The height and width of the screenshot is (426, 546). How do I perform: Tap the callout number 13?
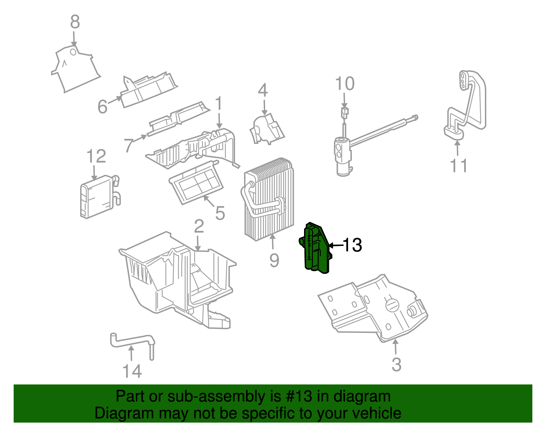352,245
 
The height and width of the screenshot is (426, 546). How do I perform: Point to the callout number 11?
458,166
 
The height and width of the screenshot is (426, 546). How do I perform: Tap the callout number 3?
397,365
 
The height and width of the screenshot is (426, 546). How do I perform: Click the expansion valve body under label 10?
343,156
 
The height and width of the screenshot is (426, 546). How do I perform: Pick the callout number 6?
102,106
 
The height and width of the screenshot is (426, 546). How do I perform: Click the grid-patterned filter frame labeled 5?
196,182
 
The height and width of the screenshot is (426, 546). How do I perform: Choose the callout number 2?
199,226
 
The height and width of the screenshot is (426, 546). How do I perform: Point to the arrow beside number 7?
140,138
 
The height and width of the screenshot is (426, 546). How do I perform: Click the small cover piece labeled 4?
267,129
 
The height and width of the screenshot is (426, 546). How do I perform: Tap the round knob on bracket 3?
392,305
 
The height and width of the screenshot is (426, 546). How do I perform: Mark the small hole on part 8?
73,52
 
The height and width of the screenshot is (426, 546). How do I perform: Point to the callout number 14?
132,371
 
